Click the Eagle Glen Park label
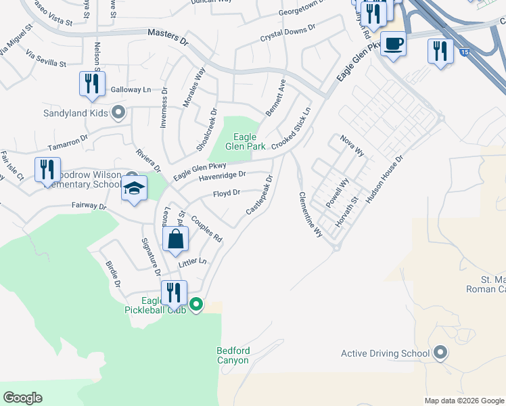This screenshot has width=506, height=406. click(245, 141)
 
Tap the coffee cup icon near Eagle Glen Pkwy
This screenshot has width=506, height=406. click(393, 45)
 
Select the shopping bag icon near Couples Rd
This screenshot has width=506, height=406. click(175, 240)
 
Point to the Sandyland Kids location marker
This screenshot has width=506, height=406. click(119, 113)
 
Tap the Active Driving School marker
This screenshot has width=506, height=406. click(440, 353)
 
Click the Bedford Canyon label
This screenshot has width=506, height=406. click(233, 355)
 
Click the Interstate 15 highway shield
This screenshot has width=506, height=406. click(463, 51)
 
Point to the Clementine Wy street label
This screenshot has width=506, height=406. click(310, 215)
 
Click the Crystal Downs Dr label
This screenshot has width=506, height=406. click(288, 34)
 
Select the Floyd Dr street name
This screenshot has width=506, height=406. click(227, 194)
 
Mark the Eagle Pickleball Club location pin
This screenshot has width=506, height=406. click(196, 304)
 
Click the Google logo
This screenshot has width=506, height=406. click(22, 398)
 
